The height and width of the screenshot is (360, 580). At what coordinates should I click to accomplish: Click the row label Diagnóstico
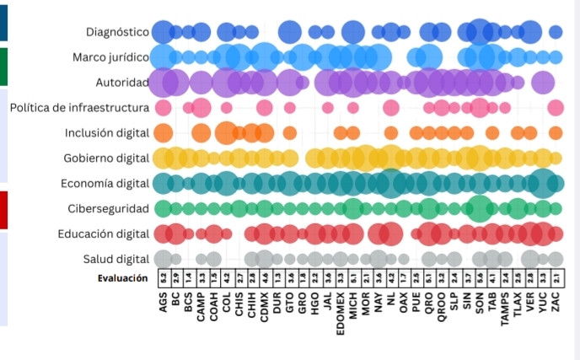click(117, 33)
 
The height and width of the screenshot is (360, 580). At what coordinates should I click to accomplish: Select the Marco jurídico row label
click(110, 58)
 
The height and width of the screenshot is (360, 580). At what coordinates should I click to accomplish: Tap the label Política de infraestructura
click(79, 108)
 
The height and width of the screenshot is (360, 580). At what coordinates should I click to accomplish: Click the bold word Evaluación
click(122, 277)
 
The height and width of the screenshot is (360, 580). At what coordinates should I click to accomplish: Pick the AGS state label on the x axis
click(164, 299)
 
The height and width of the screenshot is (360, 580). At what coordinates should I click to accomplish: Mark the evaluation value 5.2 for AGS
click(163, 277)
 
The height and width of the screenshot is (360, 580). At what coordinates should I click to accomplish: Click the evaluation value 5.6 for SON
click(480, 277)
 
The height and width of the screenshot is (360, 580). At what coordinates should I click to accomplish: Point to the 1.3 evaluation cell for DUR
click(277, 277)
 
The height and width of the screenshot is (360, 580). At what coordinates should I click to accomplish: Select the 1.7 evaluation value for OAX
click(404, 277)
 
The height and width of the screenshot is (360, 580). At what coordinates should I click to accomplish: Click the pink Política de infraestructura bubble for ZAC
click(556, 108)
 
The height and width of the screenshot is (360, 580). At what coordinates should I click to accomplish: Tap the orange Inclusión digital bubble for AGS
click(164, 133)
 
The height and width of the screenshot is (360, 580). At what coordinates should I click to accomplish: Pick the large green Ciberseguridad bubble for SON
click(480, 208)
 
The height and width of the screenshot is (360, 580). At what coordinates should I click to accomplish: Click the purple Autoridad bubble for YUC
click(543, 83)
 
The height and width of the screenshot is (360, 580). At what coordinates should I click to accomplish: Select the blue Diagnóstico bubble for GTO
click(290, 33)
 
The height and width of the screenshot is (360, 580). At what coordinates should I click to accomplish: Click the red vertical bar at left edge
click(3, 209)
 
